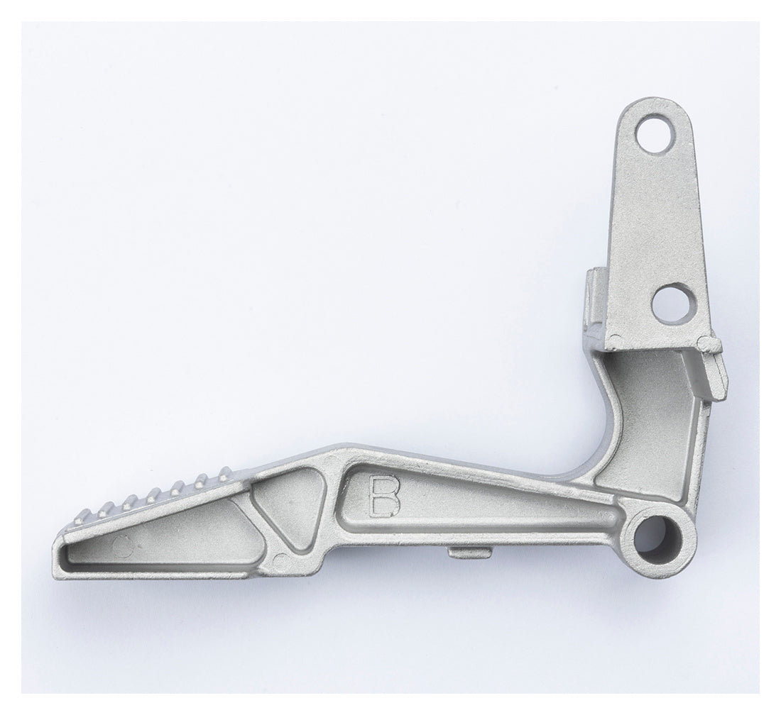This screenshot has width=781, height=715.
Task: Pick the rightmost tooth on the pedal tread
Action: [x=225, y=471]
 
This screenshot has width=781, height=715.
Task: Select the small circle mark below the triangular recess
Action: [x=280, y=558]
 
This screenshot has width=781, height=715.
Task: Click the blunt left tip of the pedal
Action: [x=58, y=560]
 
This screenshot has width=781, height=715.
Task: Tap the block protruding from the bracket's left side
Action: [x=592, y=298]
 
